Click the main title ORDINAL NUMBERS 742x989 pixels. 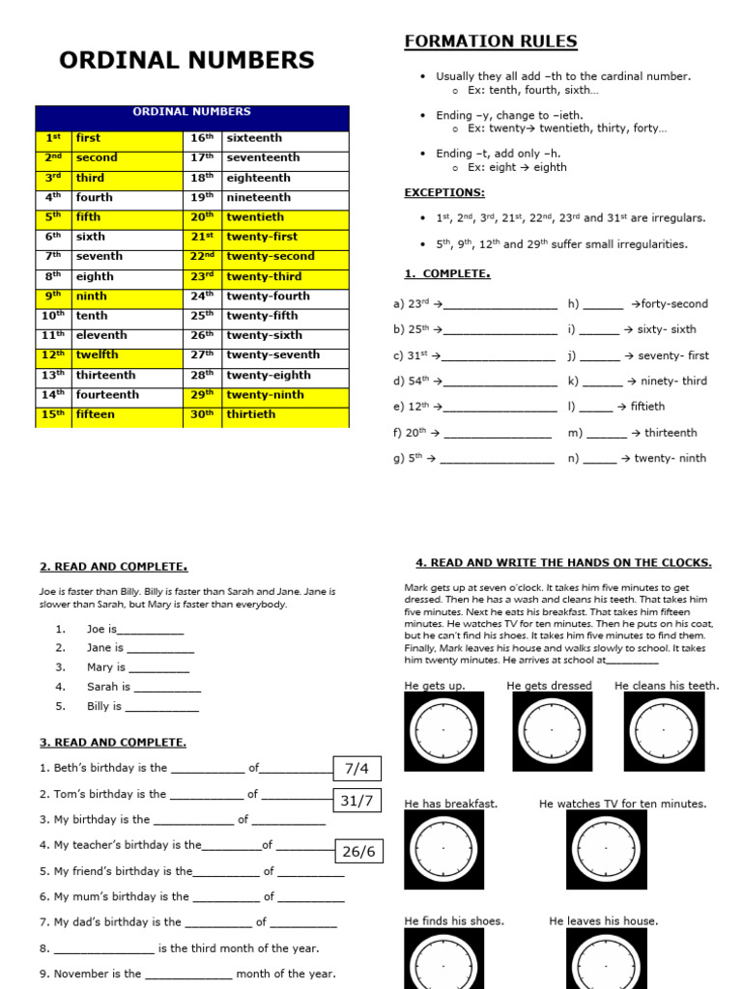[x=186, y=60]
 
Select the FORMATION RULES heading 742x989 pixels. [x=490, y=42]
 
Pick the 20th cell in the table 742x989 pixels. [x=202, y=217]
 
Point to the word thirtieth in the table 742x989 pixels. [x=250, y=414]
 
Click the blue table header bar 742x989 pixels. [x=191, y=112]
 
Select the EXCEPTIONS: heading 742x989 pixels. [x=444, y=193]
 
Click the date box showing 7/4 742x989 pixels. [x=357, y=769]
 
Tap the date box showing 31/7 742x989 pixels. [x=357, y=801]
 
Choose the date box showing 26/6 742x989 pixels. [x=357, y=851]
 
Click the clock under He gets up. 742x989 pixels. [x=443, y=731]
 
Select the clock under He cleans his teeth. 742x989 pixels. [x=664, y=731]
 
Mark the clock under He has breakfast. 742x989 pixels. [x=443, y=849]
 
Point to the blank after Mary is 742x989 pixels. [x=158, y=668]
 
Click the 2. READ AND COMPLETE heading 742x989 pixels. [x=113, y=567]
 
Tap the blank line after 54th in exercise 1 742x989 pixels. [x=499, y=382]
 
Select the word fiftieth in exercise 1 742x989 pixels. [x=647, y=407]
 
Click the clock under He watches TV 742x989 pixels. [x=606, y=849]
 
